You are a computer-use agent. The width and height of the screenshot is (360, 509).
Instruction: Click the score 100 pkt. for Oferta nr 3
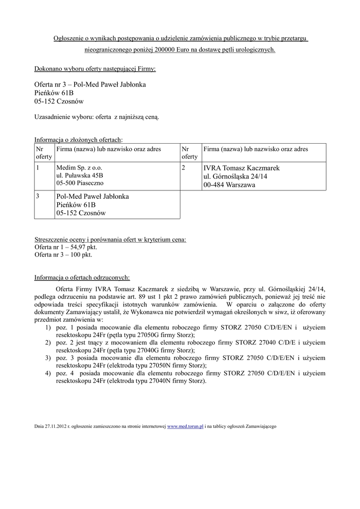coord(80,254)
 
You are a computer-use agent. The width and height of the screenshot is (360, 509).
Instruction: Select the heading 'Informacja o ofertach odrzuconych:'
coord(82,277)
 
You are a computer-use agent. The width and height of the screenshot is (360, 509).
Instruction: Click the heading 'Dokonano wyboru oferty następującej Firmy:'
coord(94,68)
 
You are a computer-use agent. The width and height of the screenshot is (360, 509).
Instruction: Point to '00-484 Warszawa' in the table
coord(229,185)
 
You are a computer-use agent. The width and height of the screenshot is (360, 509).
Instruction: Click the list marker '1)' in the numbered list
coord(48,328)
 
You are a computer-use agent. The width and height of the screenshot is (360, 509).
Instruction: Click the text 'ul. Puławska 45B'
coord(80,175)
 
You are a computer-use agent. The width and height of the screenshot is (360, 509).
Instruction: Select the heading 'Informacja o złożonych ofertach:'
coord(78,139)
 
